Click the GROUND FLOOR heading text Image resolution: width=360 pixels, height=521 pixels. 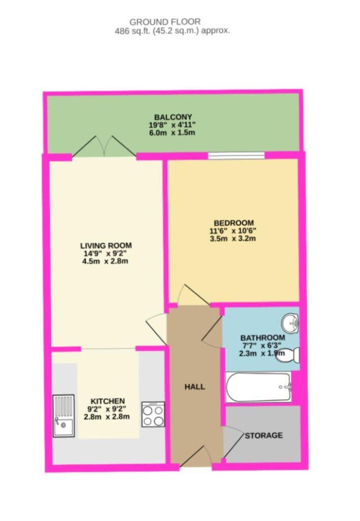pos(165,21)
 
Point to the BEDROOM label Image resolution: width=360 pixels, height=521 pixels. pos(234,223)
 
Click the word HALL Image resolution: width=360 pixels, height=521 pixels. pos(195,387)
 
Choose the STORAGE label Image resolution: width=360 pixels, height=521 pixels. pos(263,436)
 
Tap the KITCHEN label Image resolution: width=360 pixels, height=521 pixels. pos(107,401)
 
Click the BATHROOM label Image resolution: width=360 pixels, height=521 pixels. pos(263,337)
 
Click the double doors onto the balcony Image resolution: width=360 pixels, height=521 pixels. pos(104,147)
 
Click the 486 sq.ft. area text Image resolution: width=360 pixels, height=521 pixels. pos(172,31)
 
